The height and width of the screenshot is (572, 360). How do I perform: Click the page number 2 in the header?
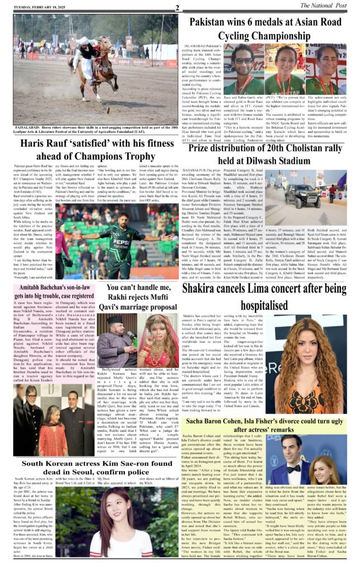point(177,7)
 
